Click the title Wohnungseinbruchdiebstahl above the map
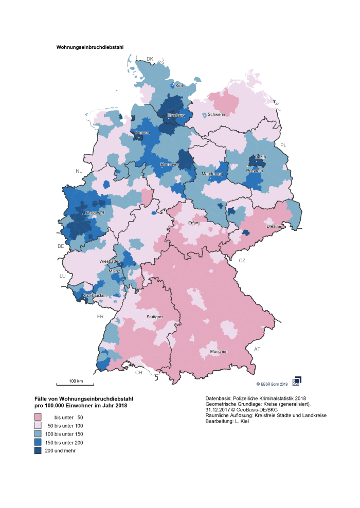coord(89,47)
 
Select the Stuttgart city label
coord(154,317)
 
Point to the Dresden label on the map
coord(274,226)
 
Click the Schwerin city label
coord(216,114)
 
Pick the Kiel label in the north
coord(179,85)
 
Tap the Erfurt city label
coord(193,223)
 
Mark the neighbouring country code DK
coord(150,59)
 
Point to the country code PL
coord(283,146)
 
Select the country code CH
coord(138,372)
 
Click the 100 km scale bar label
coord(76,381)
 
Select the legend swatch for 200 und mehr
coord(38,451)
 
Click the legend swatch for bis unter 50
coord(38,417)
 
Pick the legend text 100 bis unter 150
coord(65,434)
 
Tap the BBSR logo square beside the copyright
coord(296,380)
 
